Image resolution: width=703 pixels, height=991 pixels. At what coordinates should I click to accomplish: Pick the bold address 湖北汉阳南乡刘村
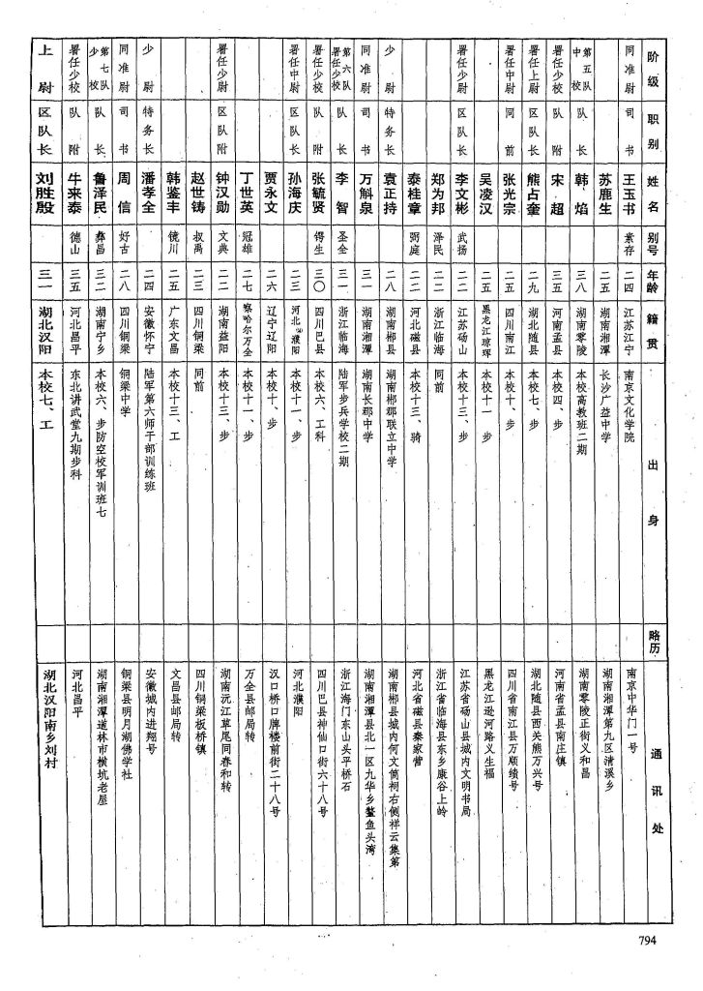pos(44,736)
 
